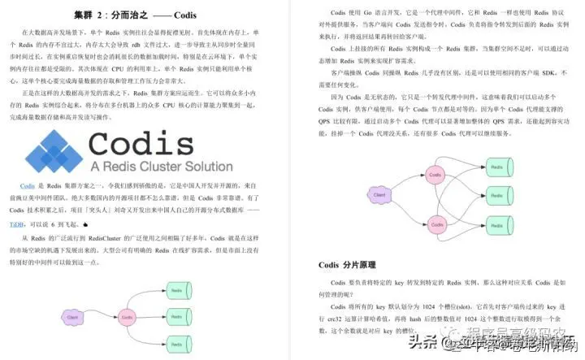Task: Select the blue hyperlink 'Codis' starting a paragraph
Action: [27, 186]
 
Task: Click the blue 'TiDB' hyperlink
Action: [16, 223]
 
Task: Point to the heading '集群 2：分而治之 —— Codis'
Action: [134, 15]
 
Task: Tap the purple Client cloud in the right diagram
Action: [379, 195]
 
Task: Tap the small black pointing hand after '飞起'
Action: [84, 223]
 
